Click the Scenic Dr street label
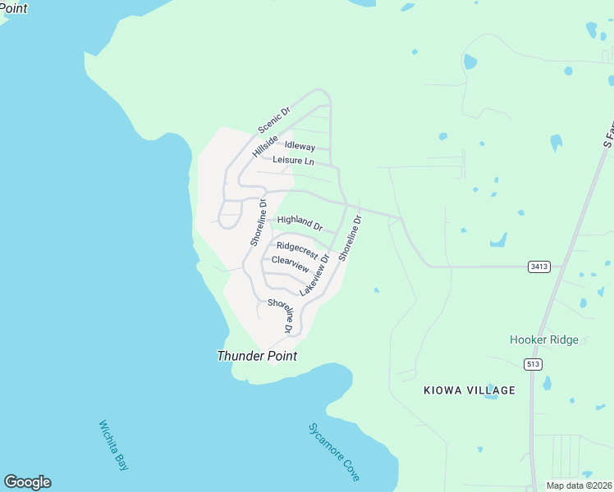coord(274,120)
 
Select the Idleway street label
coord(300,146)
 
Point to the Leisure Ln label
coord(293,161)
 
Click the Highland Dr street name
coord(300,221)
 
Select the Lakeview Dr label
coord(314,275)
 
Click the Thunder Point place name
coord(256,356)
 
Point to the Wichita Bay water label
coord(114,445)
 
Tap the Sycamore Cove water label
coord(334,451)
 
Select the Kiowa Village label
coord(470,390)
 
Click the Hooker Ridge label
coord(543,339)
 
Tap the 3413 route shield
coord(538,266)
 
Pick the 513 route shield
coord(534,363)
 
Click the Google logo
coord(27,482)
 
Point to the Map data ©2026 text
coord(579,485)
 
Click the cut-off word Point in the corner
coord(14,7)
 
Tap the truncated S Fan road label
coord(608,131)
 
